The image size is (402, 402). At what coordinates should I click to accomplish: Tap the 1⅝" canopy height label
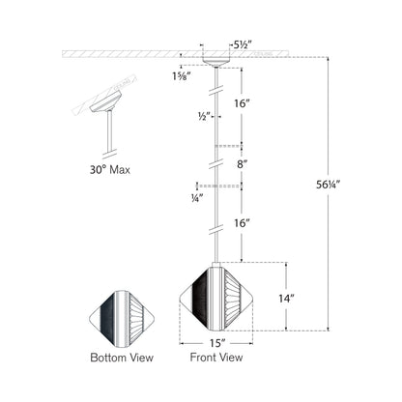pyautogui.click(x=182, y=76)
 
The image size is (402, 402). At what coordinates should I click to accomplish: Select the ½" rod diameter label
pyautogui.click(x=205, y=116)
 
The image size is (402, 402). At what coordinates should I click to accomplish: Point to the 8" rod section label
pyautogui.click(x=242, y=164)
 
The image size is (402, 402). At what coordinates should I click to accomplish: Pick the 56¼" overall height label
pyautogui.click(x=329, y=185)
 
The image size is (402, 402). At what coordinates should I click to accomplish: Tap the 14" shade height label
pyautogui.click(x=287, y=299)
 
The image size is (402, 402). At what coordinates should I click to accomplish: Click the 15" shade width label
pyautogui.click(x=217, y=343)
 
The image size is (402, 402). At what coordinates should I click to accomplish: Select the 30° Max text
pyautogui.click(x=110, y=169)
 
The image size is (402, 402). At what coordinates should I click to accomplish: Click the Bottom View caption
pyautogui.click(x=122, y=358)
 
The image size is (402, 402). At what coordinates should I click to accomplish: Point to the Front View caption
pyautogui.click(x=216, y=358)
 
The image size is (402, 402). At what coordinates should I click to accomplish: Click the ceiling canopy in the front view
pyautogui.click(x=216, y=61)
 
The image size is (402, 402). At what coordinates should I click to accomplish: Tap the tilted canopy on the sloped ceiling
pyautogui.click(x=105, y=101)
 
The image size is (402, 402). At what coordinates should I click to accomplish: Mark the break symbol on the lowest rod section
pyautogui.click(x=216, y=230)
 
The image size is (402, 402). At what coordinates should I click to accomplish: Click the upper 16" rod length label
pyautogui.click(x=242, y=103)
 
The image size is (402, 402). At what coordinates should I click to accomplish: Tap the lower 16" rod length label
pyautogui.click(x=242, y=223)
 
